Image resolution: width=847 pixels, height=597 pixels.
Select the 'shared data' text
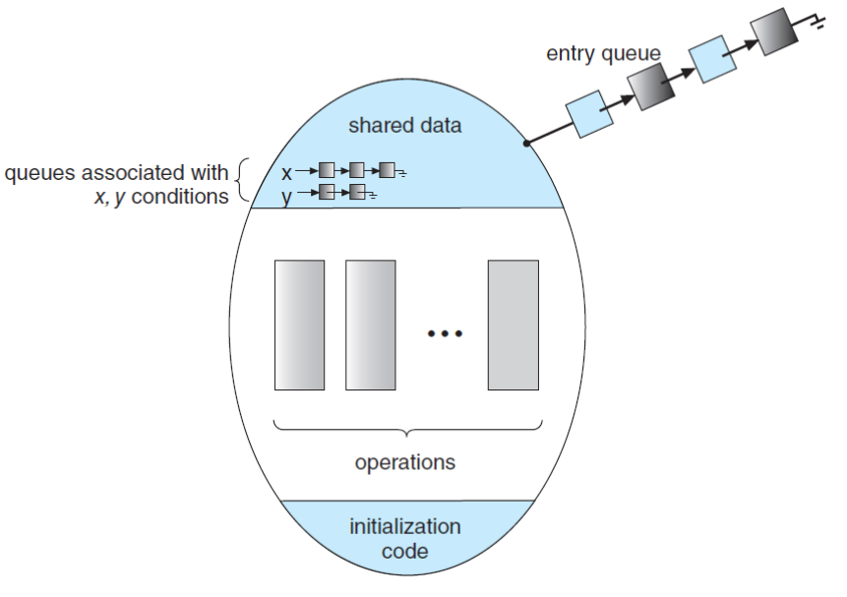click(404, 126)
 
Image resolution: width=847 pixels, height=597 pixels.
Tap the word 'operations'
click(405, 461)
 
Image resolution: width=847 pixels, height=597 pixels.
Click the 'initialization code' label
click(404, 538)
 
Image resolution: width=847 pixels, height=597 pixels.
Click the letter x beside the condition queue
click(286, 173)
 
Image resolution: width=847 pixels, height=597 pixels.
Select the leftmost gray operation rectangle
click(299, 325)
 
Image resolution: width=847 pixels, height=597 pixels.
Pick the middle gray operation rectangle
click(370, 325)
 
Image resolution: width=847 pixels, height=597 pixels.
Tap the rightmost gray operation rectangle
click(513, 325)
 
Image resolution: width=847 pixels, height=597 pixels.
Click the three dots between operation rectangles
click(444, 334)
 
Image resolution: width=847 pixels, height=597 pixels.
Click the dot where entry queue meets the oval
click(527, 144)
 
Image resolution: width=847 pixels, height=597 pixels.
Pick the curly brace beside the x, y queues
click(244, 183)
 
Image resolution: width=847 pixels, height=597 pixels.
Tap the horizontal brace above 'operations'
click(405, 429)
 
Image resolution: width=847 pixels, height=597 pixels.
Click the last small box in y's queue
click(358, 192)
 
